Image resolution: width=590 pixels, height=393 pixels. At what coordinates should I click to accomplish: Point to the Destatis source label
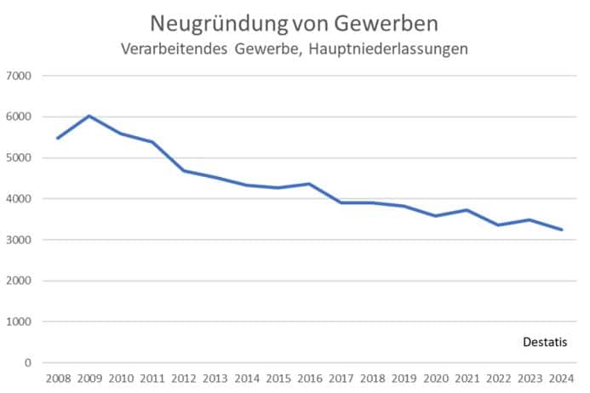(545, 342)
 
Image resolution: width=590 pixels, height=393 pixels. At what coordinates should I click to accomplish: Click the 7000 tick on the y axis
(19, 76)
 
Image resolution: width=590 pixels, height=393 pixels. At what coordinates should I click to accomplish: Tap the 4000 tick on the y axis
(19, 199)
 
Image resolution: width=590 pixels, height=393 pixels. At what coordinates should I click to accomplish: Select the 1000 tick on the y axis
(19, 322)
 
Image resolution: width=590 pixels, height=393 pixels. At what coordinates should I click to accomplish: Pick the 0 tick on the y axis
(28, 363)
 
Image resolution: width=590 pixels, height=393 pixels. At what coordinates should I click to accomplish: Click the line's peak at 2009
(89, 116)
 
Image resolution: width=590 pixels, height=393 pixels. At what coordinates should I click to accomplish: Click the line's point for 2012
(183, 171)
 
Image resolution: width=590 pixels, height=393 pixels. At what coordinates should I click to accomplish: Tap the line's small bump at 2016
(309, 184)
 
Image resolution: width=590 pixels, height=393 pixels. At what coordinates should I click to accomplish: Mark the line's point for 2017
(341, 202)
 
